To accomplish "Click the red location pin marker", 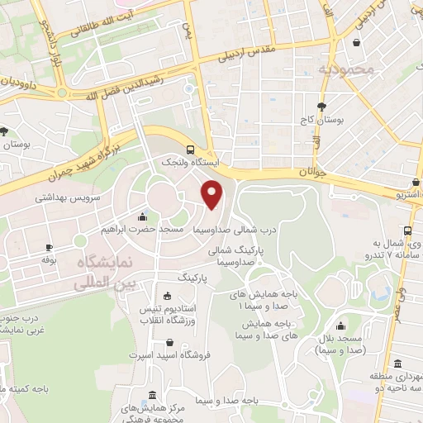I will click(x=213, y=195).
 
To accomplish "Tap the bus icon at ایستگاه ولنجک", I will click(x=191, y=150).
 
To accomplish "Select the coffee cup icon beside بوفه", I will click(x=49, y=247).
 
